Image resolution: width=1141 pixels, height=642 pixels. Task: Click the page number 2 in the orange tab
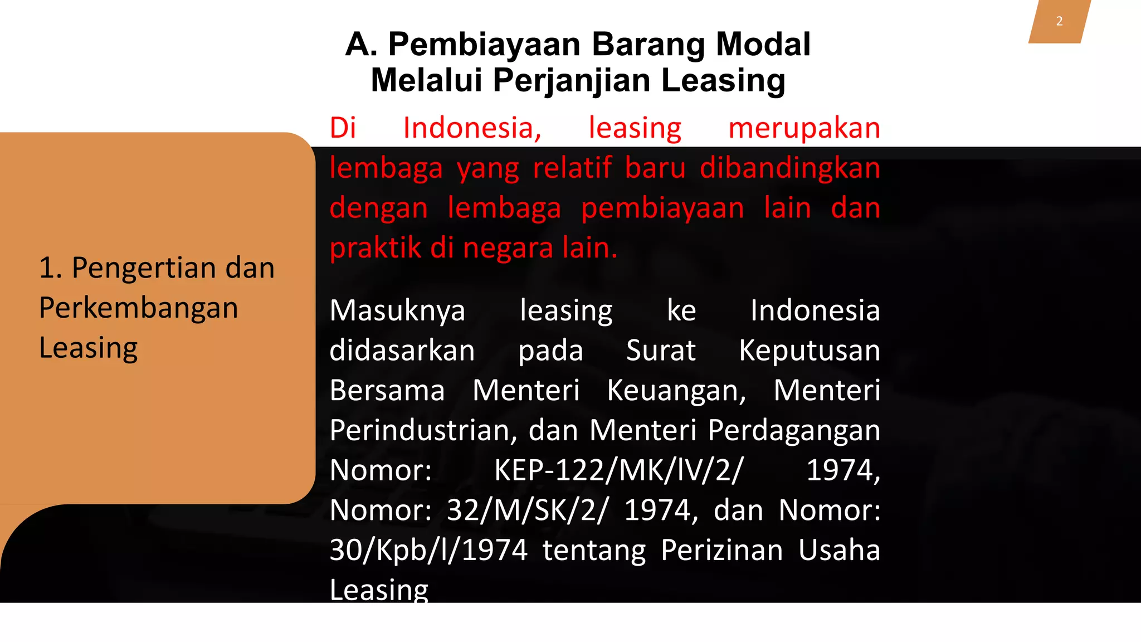[1059, 21]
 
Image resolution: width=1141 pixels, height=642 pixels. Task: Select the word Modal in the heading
[763, 44]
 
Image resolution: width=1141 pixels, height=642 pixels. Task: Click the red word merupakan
[804, 128]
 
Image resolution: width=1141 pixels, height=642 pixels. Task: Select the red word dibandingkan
[789, 168]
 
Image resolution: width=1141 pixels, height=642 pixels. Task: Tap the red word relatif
[572, 168]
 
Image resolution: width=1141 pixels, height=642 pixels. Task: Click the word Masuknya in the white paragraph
[397, 310]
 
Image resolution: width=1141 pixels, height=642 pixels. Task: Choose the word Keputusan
[809, 351]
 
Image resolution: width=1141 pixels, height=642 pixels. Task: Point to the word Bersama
[387, 390]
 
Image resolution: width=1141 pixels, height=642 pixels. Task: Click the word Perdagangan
[793, 431]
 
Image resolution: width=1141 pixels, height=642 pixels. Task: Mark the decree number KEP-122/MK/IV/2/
[618, 470]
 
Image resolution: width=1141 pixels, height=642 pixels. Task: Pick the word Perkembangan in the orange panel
[139, 308]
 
